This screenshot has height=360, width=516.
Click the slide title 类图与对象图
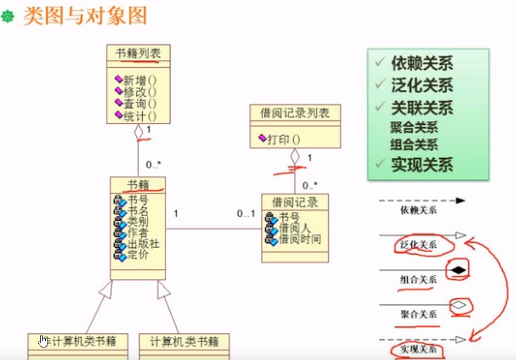click(85, 16)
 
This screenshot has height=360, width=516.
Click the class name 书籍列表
click(138, 53)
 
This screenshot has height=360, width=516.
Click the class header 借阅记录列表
click(295, 113)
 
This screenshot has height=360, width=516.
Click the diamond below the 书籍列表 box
click(138, 132)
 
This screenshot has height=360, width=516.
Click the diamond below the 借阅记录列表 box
click(295, 157)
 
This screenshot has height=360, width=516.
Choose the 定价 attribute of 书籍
click(138, 254)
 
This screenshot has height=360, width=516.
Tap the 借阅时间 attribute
click(300, 239)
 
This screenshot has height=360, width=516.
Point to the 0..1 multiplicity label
click(246, 213)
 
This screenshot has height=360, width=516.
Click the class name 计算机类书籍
click(184, 342)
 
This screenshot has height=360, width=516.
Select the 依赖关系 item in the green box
click(422, 64)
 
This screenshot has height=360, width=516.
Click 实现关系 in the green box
click(422, 165)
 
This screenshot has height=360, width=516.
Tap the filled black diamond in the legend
click(459, 270)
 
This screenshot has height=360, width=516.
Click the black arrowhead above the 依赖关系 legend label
click(460, 200)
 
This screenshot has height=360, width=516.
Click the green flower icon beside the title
click(8, 17)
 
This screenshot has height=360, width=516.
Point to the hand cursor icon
click(43, 341)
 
